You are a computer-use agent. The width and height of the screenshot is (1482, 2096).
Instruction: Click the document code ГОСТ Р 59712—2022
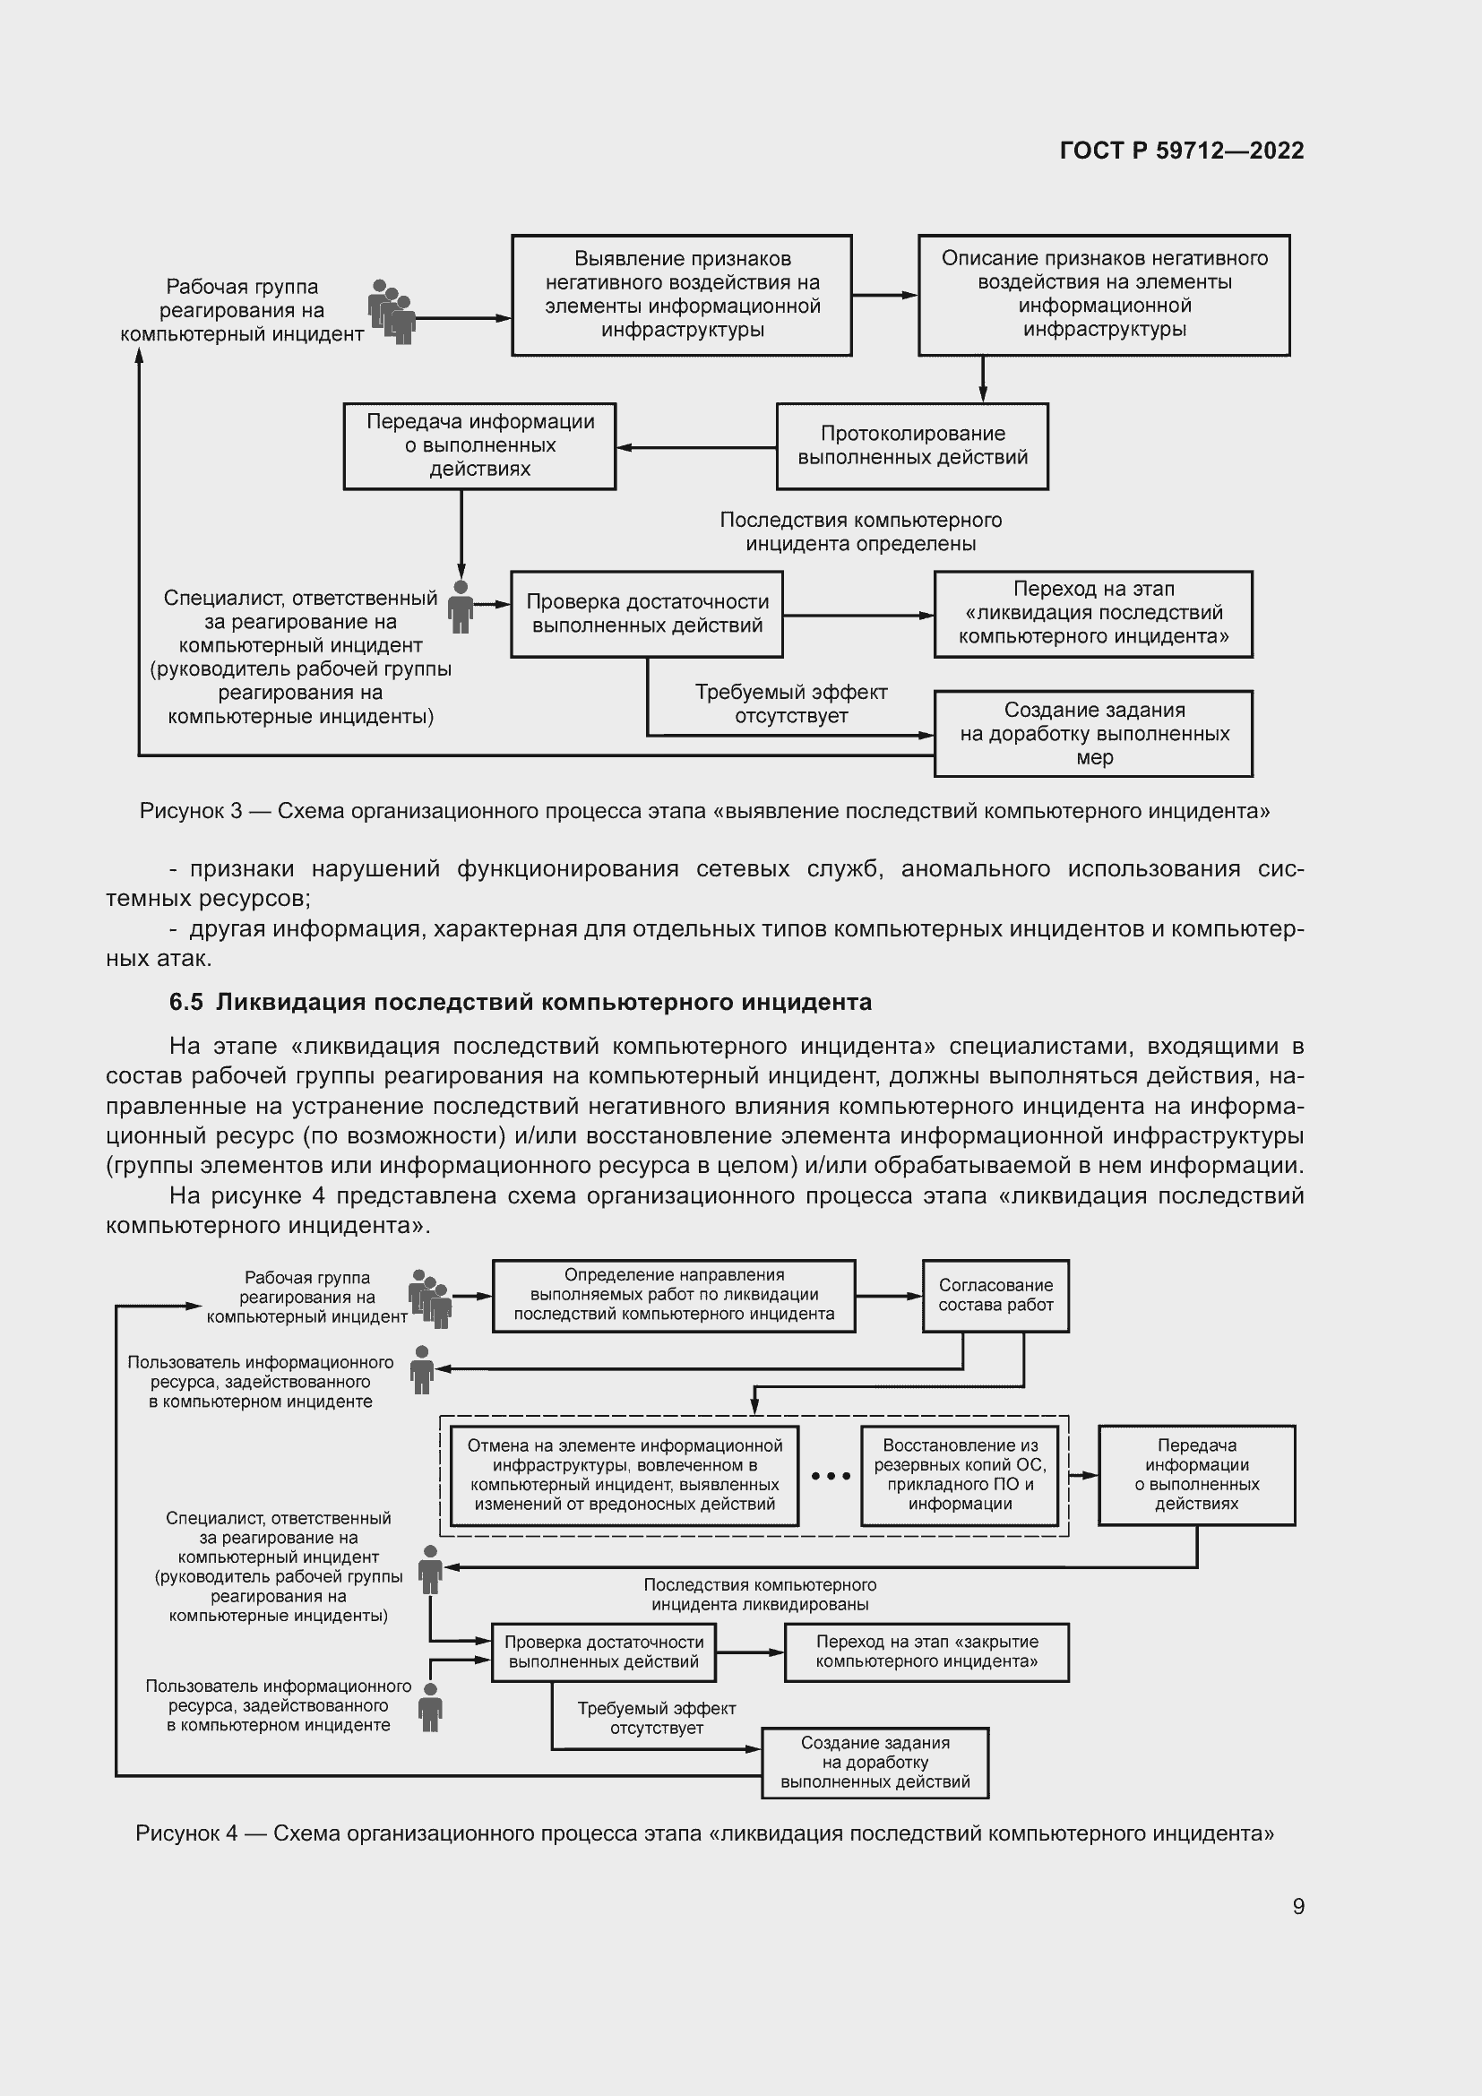click(1181, 151)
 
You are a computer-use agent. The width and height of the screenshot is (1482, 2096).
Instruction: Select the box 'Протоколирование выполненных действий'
click(911, 445)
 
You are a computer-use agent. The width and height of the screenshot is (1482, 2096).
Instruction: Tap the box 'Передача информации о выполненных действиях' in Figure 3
click(479, 445)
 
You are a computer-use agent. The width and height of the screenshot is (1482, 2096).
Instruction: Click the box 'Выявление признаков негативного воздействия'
click(681, 295)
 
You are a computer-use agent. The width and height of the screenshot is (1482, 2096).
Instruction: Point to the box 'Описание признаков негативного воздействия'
click(1103, 295)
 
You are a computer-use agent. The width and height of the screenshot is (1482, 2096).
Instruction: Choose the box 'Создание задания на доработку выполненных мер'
click(1093, 734)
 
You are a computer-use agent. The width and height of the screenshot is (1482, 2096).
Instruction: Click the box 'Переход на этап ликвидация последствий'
click(1093, 614)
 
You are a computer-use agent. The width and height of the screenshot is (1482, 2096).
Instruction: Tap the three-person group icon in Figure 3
click(392, 312)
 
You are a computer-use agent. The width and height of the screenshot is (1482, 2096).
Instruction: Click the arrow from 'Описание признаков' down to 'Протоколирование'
click(983, 379)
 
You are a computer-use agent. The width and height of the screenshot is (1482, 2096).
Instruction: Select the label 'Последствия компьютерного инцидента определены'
click(859, 532)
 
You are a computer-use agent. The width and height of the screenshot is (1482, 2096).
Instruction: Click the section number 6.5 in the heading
click(185, 1003)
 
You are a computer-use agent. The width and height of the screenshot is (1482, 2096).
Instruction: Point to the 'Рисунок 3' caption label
click(190, 811)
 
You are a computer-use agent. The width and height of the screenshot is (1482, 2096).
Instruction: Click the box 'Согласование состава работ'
click(995, 1296)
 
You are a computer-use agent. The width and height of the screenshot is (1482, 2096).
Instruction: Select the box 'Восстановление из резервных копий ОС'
click(959, 1475)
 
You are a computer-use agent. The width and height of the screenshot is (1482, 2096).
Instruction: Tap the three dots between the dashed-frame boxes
click(830, 1476)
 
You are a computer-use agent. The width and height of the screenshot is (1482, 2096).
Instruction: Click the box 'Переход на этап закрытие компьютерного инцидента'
click(926, 1652)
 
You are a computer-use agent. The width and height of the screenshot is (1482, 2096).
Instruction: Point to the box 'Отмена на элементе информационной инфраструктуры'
click(625, 1475)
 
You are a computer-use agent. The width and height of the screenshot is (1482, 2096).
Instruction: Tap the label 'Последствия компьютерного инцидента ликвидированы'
click(759, 1595)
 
